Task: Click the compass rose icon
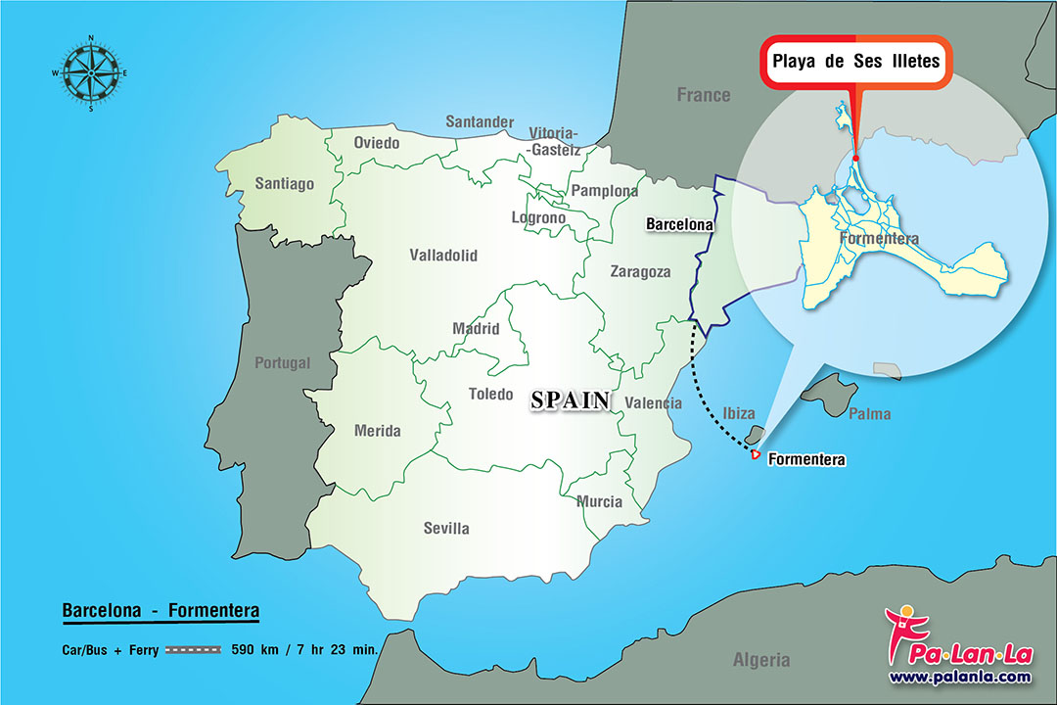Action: click(x=91, y=73)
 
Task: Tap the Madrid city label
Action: click(x=476, y=329)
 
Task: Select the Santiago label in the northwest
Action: click(x=284, y=183)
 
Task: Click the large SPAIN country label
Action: click(x=571, y=399)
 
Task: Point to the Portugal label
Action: click(x=282, y=362)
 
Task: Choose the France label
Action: click(x=704, y=95)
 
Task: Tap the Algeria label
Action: click(x=761, y=659)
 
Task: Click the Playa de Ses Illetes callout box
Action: click(x=855, y=62)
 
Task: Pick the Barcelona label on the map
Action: click(x=679, y=224)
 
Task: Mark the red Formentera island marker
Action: click(x=755, y=454)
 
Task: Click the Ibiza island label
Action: click(x=739, y=413)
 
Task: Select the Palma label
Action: click(x=869, y=414)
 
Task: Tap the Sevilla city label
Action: click(x=446, y=528)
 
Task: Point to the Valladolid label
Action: click(x=443, y=256)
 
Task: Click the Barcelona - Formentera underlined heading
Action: click(x=161, y=611)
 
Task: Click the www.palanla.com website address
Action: click(x=959, y=677)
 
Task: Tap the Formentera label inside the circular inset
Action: click(x=879, y=238)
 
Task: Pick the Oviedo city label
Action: click(x=377, y=143)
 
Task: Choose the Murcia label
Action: click(x=599, y=501)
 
